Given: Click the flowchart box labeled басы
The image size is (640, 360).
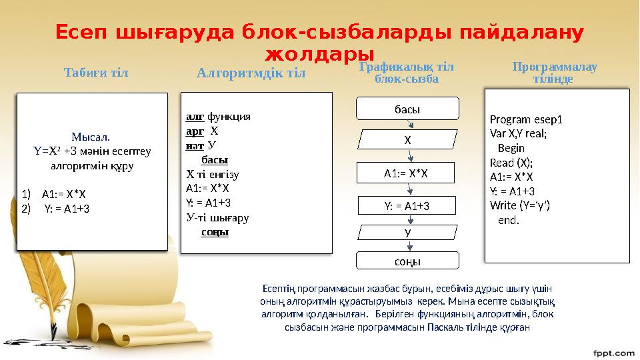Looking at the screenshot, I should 408,108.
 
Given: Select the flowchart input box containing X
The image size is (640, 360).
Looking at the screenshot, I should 407,141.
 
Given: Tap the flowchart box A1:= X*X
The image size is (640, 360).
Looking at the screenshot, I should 405,173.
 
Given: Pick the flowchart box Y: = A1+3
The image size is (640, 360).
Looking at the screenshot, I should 407,205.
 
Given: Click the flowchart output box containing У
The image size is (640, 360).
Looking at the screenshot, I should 407,232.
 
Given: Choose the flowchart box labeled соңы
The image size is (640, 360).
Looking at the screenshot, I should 407,261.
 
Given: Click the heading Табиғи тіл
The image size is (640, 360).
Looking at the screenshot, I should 95,72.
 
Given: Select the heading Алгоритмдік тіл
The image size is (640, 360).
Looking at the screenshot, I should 251,73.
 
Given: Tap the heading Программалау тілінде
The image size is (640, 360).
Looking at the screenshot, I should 555,73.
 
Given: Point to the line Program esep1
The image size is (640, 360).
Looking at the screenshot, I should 526,120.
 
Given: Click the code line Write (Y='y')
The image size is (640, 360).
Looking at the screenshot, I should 519,205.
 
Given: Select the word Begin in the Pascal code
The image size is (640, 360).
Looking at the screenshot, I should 511,148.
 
